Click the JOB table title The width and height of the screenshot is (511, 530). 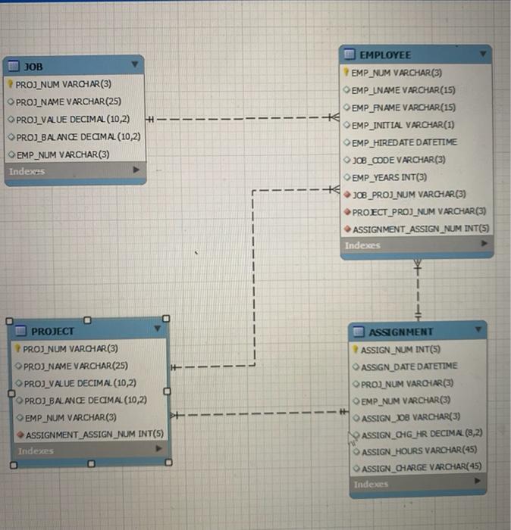pyautogui.click(x=33, y=67)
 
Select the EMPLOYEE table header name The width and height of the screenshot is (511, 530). pyautogui.click(x=385, y=55)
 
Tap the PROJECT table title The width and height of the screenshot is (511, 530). pyautogui.click(x=52, y=331)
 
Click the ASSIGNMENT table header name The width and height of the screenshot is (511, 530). pyautogui.click(x=400, y=332)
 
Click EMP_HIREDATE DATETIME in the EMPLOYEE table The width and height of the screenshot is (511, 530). pyautogui.click(x=405, y=142)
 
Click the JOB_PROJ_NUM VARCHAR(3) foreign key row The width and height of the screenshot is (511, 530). pyautogui.click(x=409, y=194)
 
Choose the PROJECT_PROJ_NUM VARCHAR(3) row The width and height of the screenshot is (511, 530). pyautogui.click(x=419, y=211)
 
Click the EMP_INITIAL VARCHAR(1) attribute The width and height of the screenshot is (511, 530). pyautogui.click(x=403, y=124)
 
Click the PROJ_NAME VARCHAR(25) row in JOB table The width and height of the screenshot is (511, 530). pyautogui.click(x=68, y=101)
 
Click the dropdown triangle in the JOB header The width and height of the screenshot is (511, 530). pyautogui.click(x=135, y=65)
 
